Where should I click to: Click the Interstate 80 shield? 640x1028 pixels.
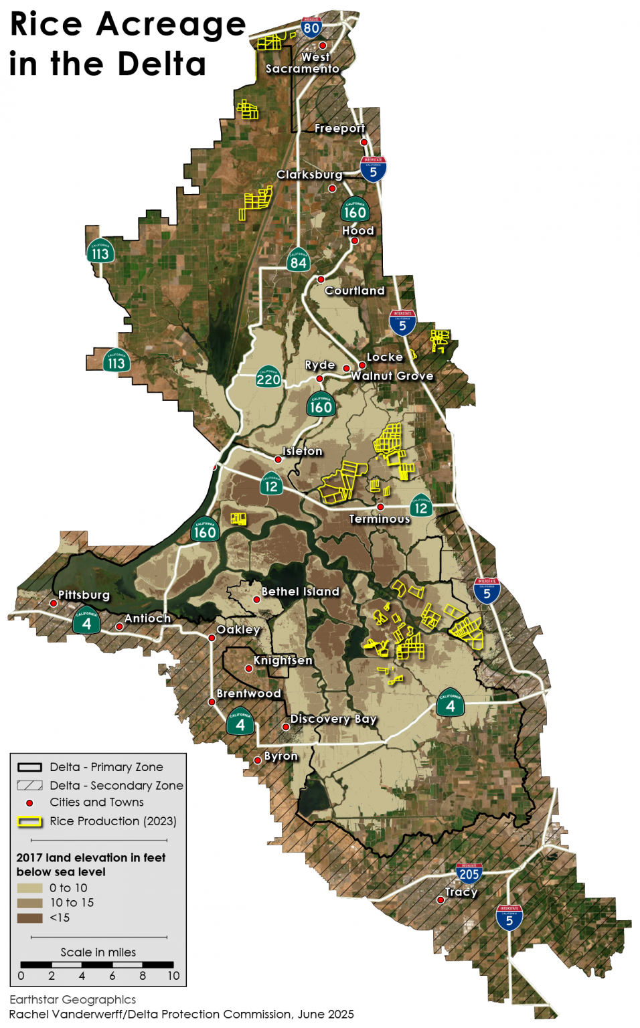(311, 27)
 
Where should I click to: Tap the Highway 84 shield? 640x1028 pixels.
(298, 260)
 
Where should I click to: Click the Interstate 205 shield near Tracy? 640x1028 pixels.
(469, 873)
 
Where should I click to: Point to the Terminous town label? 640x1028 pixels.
(379, 519)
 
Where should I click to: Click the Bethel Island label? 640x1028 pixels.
(301, 592)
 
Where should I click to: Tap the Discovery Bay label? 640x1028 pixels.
(333, 719)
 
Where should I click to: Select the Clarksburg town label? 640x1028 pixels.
(309, 175)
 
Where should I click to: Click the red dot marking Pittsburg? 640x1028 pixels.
(54, 603)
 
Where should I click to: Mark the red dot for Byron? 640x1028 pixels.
(257, 760)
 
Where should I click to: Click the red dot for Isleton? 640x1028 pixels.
(278, 460)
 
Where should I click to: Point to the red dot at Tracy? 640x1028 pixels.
(441, 900)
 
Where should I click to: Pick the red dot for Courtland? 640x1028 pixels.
(321, 279)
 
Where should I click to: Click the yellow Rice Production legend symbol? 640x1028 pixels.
(29, 821)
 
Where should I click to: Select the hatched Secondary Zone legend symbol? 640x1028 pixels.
(29, 785)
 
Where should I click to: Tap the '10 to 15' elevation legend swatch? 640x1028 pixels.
(29, 903)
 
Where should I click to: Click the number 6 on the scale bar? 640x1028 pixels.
(112, 976)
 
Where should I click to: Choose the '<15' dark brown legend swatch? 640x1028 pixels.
(29, 918)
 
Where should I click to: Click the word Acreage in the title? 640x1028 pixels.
(171, 25)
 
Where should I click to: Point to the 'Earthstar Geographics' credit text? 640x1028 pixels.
(72, 1000)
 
